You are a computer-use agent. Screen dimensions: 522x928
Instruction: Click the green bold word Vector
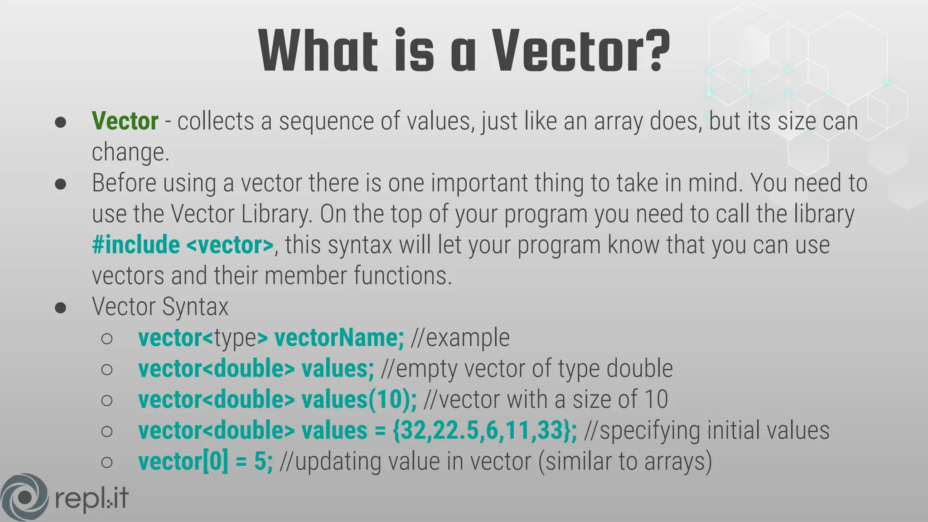click(125, 121)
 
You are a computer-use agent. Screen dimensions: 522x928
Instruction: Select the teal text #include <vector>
click(183, 245)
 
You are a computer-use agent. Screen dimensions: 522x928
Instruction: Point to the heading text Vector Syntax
click(160, 307)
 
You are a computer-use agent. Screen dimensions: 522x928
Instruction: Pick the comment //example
click(460, 338)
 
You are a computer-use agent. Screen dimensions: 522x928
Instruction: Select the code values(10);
click(359, 400)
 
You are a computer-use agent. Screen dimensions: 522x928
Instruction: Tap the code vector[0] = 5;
click(205, 462)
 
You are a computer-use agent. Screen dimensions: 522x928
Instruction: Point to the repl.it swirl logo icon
click(24, 497)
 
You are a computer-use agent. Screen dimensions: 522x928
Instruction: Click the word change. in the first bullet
click(130, 152)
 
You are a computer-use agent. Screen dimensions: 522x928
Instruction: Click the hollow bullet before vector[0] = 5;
click(107, 462)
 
